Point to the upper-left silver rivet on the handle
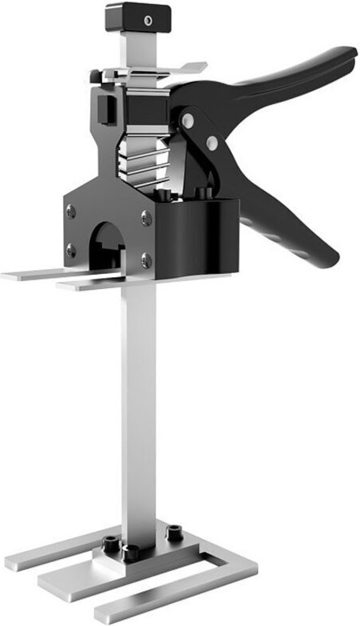click(187, 120)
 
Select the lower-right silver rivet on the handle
click(211, 142)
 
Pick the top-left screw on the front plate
click(71, 211)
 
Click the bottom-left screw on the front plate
click(71, 250)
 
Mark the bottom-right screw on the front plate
click(145, 258)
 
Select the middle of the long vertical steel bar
click(139, 410)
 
